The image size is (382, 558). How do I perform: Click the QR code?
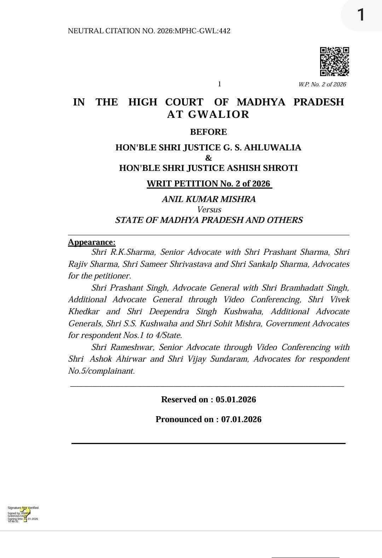click(x=334, y=62)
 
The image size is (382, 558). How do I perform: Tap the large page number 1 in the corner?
click(x=360, y=15)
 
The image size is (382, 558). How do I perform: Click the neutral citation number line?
click(x=149, y=31)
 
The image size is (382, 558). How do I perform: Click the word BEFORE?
click(x=208, y=132)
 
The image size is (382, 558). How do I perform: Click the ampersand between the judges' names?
click(x=208, y=158)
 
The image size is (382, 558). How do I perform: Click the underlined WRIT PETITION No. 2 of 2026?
click(x=209, y=184)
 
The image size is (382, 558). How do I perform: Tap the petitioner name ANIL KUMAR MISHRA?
click(x=209, y=199)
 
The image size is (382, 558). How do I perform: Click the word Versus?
click(x=209, y=209)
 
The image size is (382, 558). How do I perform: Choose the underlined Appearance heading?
click(x=92, y=242)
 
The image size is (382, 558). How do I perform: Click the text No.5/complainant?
click(x=102, y=371)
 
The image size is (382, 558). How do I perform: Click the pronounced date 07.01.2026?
click(x=241, y=419)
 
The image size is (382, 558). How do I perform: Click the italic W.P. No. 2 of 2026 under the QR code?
click(x=322, y=84)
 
